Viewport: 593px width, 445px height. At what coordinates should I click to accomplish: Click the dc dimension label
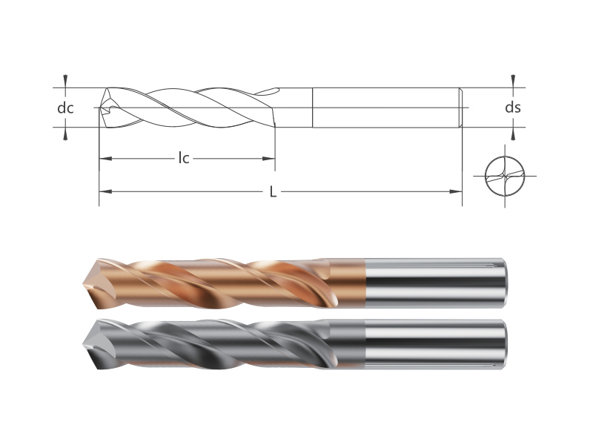(x=65, y=108)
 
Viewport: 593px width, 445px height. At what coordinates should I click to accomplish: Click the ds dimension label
(x=513, y=108)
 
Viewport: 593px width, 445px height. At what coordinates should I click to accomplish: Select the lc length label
(x=184, y=158)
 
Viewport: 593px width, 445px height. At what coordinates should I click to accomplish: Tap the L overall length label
(x=273, y=192)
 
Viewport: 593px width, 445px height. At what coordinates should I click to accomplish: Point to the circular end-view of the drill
(x=505, y=176)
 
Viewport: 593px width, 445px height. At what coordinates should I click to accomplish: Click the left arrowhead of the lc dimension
(x=105, y=158)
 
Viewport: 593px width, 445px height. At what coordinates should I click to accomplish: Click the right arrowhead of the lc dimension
(x=268, y=159)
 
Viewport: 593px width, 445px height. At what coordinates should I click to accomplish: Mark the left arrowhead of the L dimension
(x=105, y=191)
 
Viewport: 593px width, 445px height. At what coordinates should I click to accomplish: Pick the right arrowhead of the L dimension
(x=456, y=191)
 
